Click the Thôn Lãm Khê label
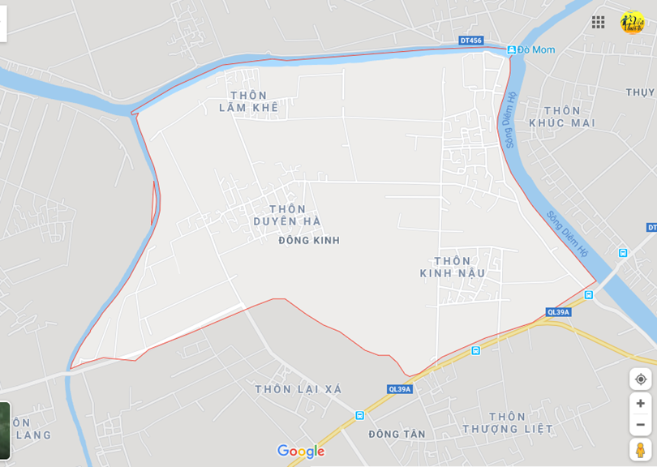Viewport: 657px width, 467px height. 248,101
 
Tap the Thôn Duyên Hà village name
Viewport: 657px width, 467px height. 287,215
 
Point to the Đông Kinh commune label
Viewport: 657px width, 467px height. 309,240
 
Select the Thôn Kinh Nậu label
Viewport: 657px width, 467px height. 453,267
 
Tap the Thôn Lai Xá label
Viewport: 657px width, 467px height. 298,389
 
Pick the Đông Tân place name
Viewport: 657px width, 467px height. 397,435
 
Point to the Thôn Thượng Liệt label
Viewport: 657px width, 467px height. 508,422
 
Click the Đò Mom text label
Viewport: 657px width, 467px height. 537,50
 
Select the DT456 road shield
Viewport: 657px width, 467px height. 470,41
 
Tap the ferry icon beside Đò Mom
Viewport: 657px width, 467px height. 511,50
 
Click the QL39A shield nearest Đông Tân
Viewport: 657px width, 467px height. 399,389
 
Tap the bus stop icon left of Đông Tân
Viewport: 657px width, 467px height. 359,415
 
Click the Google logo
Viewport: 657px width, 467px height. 301,451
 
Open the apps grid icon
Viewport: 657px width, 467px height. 598,22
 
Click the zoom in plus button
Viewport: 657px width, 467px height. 640,403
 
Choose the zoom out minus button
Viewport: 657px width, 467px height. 640,424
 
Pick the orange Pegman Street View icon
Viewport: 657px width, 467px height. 640,449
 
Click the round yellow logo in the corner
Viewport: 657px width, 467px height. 632,22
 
